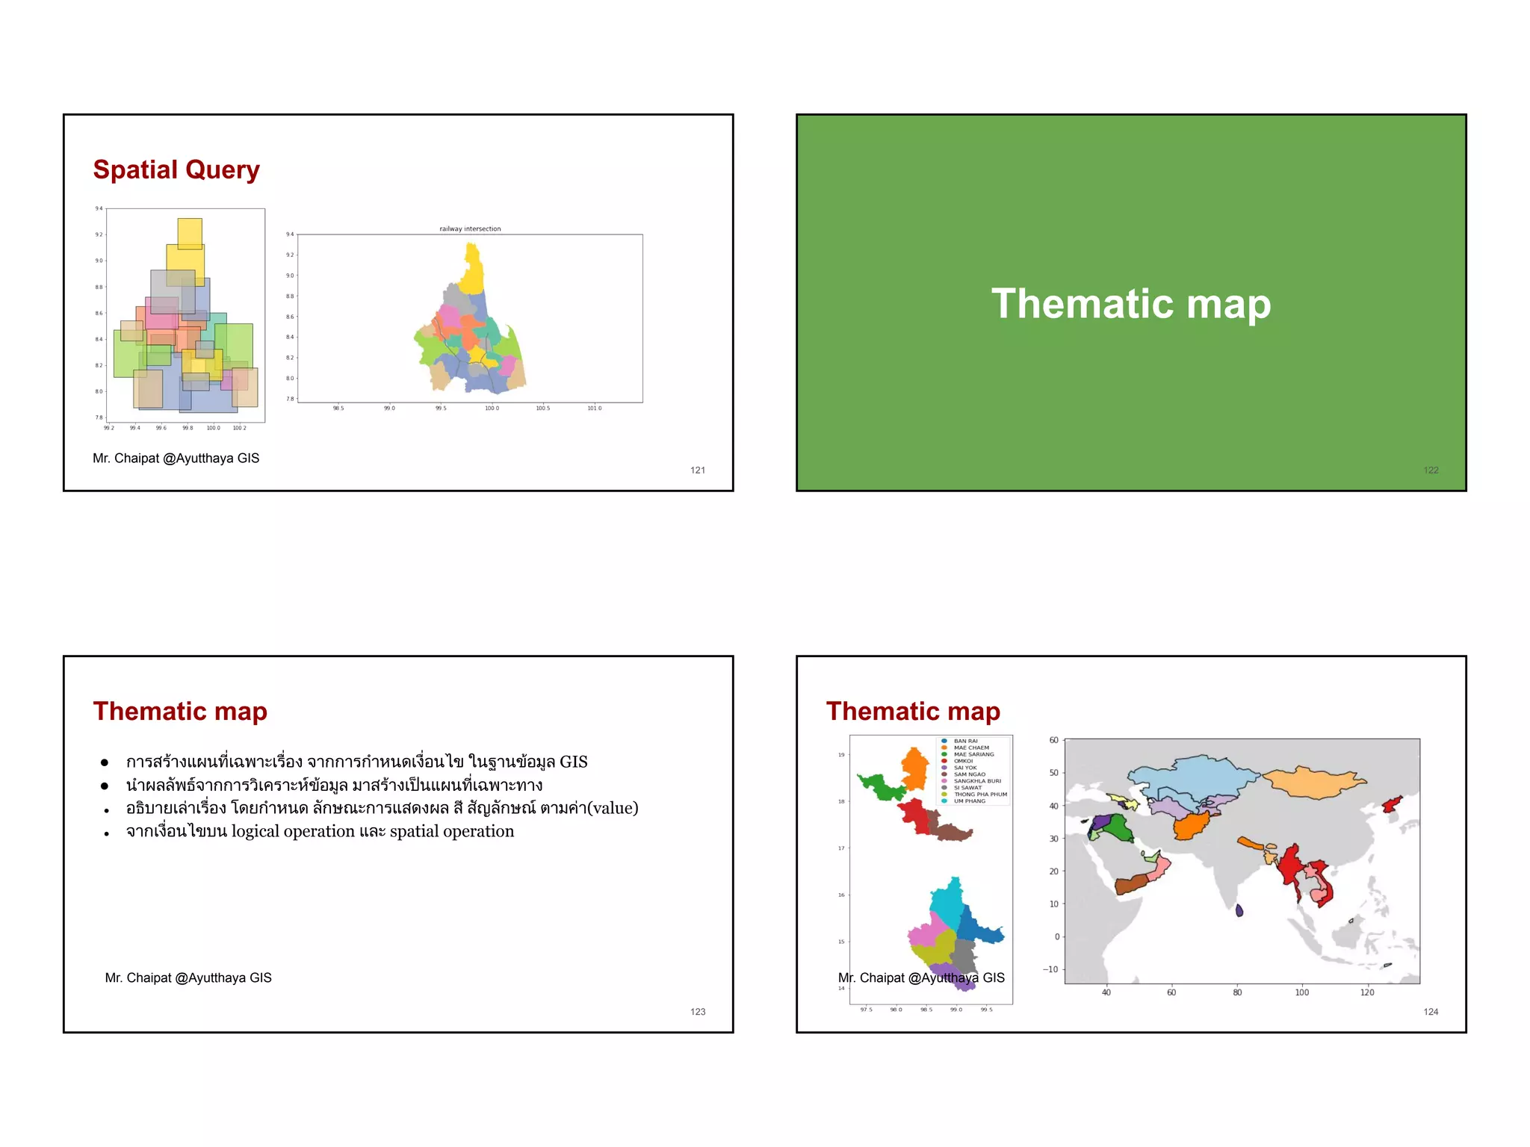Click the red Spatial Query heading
176,170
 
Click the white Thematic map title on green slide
1130,304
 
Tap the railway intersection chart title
470,229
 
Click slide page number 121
698,470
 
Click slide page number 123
698,1011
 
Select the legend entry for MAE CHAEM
970,747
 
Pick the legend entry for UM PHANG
969,801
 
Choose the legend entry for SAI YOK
964,768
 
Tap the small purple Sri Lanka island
1239,910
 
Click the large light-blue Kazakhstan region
1195,777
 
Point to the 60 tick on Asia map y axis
1053,740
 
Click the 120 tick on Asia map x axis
1366,992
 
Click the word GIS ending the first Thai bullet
573,762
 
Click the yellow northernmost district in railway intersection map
472,269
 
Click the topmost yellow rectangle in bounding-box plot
190,232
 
